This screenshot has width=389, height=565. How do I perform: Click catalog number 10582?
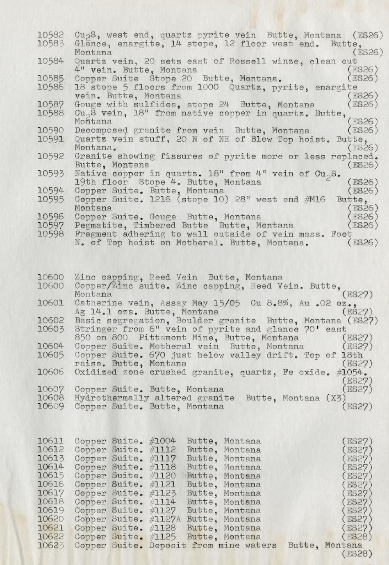click(50, 36)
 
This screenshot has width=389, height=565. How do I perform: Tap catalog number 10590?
click(50, 131)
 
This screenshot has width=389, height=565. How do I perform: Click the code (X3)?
click(336, 398)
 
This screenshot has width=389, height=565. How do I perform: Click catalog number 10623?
click(50, 545)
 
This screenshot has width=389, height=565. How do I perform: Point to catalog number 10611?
click(50, 441)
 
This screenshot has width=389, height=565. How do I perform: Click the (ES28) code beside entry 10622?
click(357, 537)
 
